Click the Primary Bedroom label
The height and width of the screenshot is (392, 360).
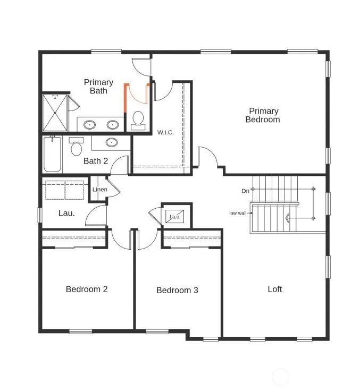click(x=263, y=115)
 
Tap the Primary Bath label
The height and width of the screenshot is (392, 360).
click(x=98, y=87)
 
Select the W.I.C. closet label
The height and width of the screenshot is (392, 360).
click(x=165, y=132)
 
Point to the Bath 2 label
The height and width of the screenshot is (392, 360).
click(x=96, y=161)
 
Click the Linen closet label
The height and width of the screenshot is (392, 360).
click(x=99, y=190)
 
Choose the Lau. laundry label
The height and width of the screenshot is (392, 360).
click(x=66, y=213)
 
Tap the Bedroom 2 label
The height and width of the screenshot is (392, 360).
click(x=87, y=289)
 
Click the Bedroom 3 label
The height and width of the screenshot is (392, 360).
click(x=177, y=291)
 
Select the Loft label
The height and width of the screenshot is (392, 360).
click(x=275, y=289)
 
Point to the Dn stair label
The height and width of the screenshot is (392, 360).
click(x=245, y=191)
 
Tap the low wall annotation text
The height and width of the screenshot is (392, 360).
click(x=238, y=213)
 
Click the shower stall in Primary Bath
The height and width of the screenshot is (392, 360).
click(x=55, y=113)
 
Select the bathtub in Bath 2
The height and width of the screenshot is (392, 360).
click(x=52, y=155)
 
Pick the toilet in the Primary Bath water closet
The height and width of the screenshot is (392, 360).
click(x=138, y=119)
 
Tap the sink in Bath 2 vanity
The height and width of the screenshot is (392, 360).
click(x=112, y=142)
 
